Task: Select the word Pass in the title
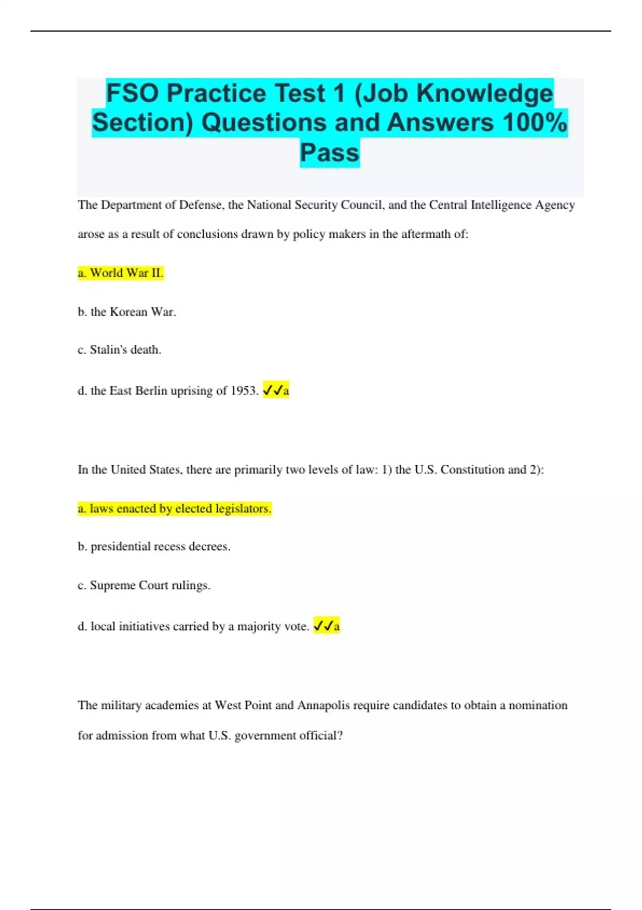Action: [x=330, y=153]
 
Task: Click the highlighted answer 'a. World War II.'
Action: [x=120, y=273]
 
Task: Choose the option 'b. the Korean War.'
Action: [x=127, y=312]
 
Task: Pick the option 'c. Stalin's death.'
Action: [x=119, y=350]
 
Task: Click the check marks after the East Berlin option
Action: [x=272, y=391]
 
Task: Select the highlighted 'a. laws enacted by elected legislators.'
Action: [x=174, y=509]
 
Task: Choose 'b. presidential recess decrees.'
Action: [x=154, y=547]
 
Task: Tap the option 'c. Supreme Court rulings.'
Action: [x=144, y=585]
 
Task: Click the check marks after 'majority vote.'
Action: [x=323, y=626]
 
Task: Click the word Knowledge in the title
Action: [x=485, y=93]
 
